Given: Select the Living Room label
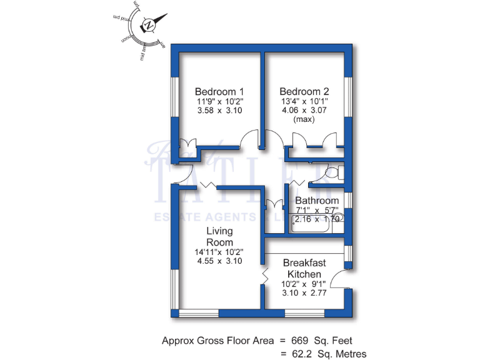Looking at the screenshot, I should coord(219,237).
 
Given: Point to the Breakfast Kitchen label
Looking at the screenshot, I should coord(304,269).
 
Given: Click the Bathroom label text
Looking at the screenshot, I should coord(316,201).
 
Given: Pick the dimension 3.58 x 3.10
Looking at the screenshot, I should coord(219,110).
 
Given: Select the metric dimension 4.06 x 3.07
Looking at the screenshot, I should coord(304,110).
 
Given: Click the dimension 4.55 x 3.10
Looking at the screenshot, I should coord(219,262).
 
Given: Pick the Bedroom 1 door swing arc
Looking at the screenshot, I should coord(250,137).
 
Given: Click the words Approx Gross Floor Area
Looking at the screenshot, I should coord(217,341).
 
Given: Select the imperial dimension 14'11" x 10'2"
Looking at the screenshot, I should coord(219,252).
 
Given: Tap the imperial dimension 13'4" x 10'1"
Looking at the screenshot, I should coord(304,101).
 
